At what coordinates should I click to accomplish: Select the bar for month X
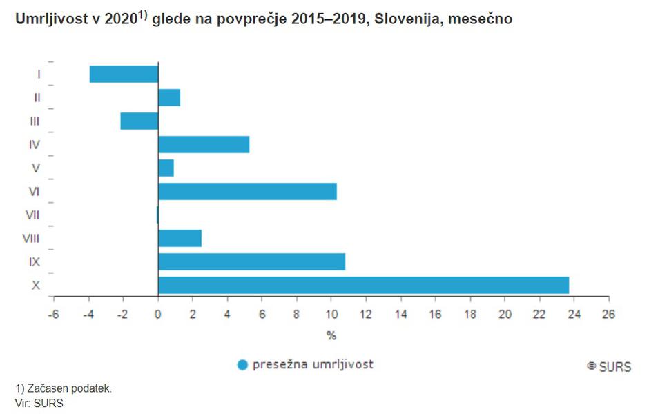click(x=363, y=285)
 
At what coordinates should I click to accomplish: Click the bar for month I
click(x=124, y=74)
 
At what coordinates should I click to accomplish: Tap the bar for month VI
click(x=247, y=191)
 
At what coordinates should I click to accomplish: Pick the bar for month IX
click(x=251, y=261)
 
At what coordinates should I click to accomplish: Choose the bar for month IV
click(x=204, y=144)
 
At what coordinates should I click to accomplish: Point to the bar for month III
click(x=139, y=121)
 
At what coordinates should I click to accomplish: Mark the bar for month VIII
click(x=180, y=238)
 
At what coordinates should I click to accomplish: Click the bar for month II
click(x=169, y=97)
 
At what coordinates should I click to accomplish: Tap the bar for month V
click(x=166, y=168)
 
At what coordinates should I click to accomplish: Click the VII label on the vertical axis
click(x=32, y=215)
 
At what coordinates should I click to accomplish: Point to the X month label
click(x=35, y=285)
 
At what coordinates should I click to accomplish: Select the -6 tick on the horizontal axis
click(x=53, y=313)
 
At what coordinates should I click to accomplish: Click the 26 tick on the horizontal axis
click(x=608, y=313)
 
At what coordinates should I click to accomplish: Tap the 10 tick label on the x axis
click(x=331, y=313)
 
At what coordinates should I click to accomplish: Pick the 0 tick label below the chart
click(x=158, y=313)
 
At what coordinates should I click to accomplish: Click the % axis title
click(x=331, y=336)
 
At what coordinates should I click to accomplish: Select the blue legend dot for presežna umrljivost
click(x=242, y=365)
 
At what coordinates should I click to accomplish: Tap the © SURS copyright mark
click(x=609, y=366)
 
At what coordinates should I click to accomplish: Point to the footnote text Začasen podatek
click(x=68, y=388)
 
